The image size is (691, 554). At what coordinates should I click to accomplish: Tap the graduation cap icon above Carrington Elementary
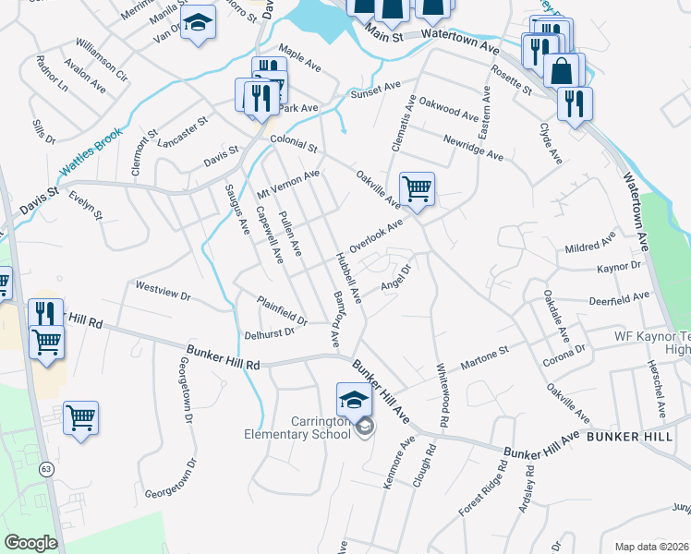coord(353,400)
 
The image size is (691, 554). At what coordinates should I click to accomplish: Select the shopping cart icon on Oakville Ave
coord(417,189)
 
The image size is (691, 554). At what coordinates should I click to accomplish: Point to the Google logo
coord(30,543)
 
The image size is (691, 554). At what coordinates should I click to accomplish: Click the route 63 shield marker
coord(45,470)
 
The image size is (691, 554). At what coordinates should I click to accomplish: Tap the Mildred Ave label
coord(589,248)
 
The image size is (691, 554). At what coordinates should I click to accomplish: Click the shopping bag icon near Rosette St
coord(561,70)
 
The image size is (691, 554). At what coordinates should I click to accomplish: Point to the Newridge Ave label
coord(473,147)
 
